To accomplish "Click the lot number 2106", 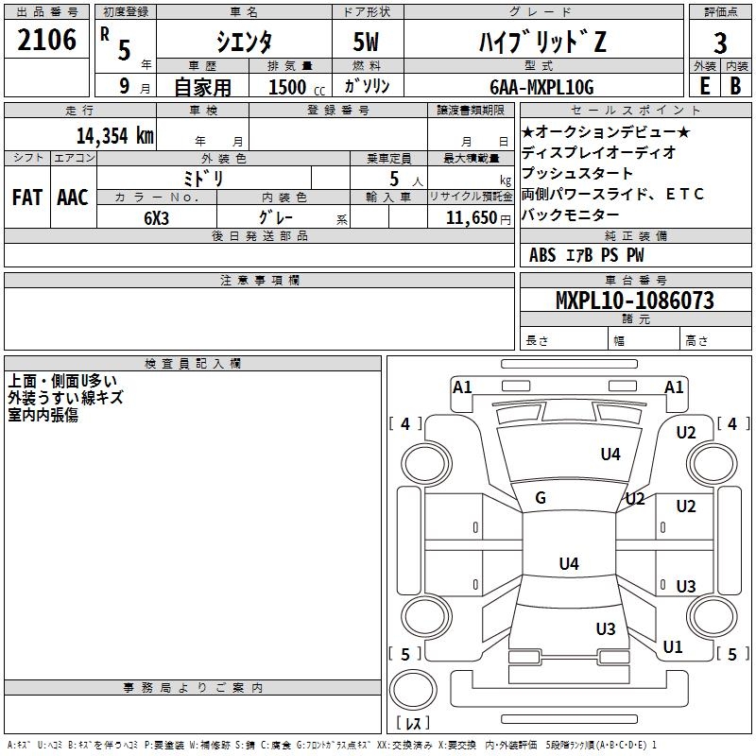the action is click(46, 40).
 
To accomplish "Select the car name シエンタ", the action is click(244, 42).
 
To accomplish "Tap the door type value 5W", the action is click(366, 42).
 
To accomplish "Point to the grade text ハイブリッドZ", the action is click(542, 42).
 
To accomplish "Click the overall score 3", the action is click(720, 43).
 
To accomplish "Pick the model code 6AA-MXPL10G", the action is click(541, 87).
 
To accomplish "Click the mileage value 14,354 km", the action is click(114, 135).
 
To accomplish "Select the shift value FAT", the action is click(27, 198).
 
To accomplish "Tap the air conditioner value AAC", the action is click(73, 198).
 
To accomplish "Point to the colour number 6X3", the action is click(156, 218).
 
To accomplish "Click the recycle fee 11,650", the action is click(471, 218).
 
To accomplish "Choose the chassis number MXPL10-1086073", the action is click(634, 300).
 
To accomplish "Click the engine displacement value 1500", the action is click(287, 87).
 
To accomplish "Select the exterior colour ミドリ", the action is click(203, 179).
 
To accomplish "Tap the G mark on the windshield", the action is click(541, 498).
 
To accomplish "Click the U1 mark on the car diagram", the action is click(673, 647).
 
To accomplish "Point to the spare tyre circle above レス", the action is click(413, 690).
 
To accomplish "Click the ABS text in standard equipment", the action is click(542, 255).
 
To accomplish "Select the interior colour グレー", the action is click(276, 217).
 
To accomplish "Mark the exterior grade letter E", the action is click(704, 86).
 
